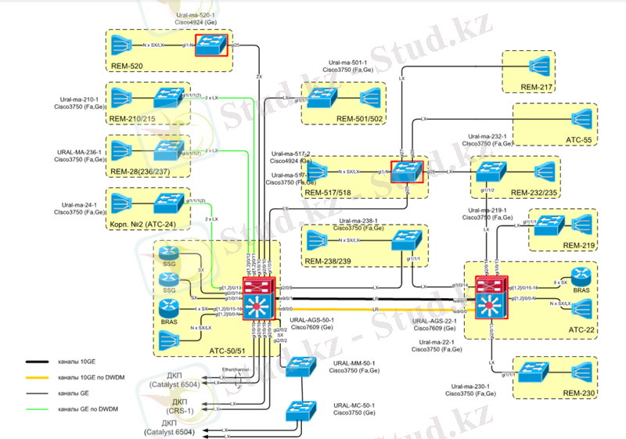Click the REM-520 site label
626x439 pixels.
pyautogui.click(x=128, y=66)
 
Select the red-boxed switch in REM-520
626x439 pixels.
pyautogui.click(x=210, y=45)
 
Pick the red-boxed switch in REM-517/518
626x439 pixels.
pyautogui.click(x=406, y=170)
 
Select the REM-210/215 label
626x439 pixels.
pyautogui.click(x=140, y=118)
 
